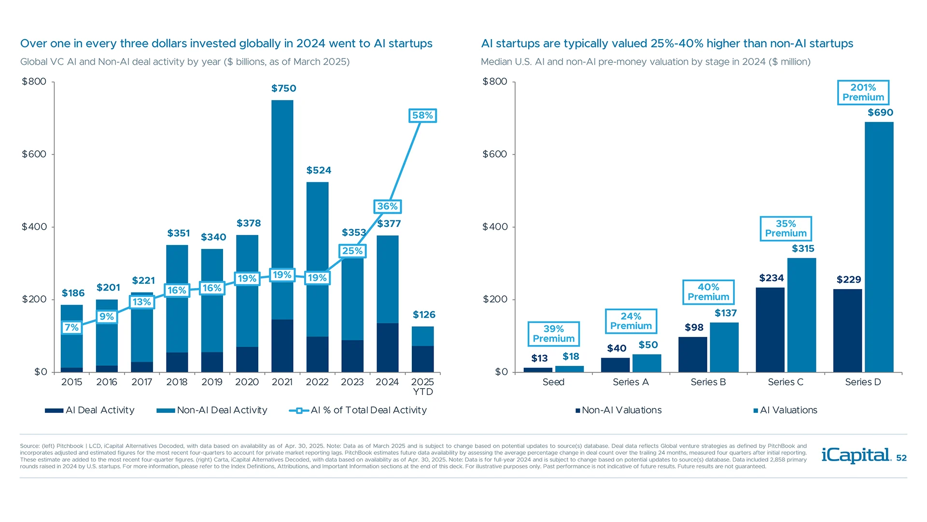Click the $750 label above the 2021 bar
pos(283,88)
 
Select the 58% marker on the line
pos(422,116)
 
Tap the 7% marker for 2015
pos(71,328)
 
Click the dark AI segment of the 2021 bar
pos(282,346)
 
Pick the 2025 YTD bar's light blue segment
pos(422,336)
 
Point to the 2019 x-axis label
pos(212,382)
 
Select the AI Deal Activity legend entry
pos(90,410)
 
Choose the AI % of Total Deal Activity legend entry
pos(358,410)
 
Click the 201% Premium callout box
pos(863,92)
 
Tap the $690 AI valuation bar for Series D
pos(879,246)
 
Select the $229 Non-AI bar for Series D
pos(847,331)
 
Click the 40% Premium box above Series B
pos(708,292)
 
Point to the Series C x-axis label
pos(786,382)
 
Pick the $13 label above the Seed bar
pos(539,358)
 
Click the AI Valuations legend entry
pos(786,410)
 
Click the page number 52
pos(901,458)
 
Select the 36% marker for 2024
pos(387,206)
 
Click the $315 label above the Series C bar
pos(803,248)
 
